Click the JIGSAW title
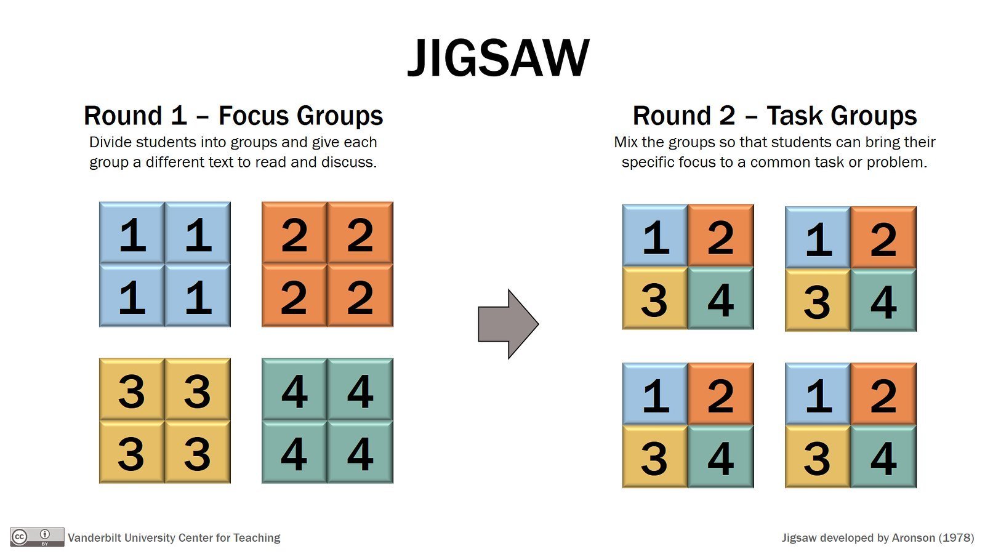pyautogui.click(x=498, y=58)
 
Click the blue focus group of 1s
pyautogui.click(x=165, y=264)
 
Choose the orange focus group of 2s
pyautogui.click(x=328, y=264)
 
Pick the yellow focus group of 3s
pyautogui.click(x=165, y=421)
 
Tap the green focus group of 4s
pyautogui.click(x=328, y=421)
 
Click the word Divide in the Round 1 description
pyautogui.click(x=110, y=142)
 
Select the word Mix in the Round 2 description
pyautogui.click(x=625, y=142)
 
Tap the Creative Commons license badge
pyautogui.click(x=37, y=537)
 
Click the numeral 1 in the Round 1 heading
pyautogui.click(x=179, y=116)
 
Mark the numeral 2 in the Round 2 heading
pyautogui.click(x=727, y=116)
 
